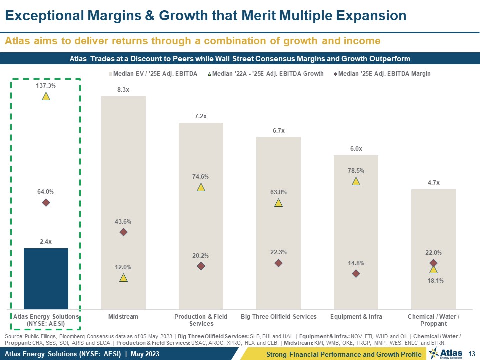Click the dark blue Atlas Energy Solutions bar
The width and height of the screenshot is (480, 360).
[46, 278]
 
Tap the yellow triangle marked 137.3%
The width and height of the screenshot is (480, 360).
[46, 96]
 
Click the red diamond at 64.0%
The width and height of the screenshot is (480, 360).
[46, 202]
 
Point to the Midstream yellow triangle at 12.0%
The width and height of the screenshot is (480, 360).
[123, 278]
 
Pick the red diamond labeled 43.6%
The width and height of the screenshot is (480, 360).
[123, 232]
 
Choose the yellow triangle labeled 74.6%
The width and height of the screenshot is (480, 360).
[201, 187]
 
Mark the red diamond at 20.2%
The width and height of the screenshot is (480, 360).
[201, 266]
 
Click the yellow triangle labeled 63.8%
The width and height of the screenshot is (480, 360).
[279, 203]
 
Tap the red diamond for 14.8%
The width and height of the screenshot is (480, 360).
[356, 273]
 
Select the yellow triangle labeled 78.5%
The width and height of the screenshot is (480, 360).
[356, 181]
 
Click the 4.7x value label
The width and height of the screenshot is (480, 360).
[433, 183]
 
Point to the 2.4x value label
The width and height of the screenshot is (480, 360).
[46, 242]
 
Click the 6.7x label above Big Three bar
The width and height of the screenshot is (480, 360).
[279, 130]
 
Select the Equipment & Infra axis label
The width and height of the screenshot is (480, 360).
[356, 317]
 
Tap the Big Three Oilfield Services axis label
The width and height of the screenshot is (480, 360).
[279, 317]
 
